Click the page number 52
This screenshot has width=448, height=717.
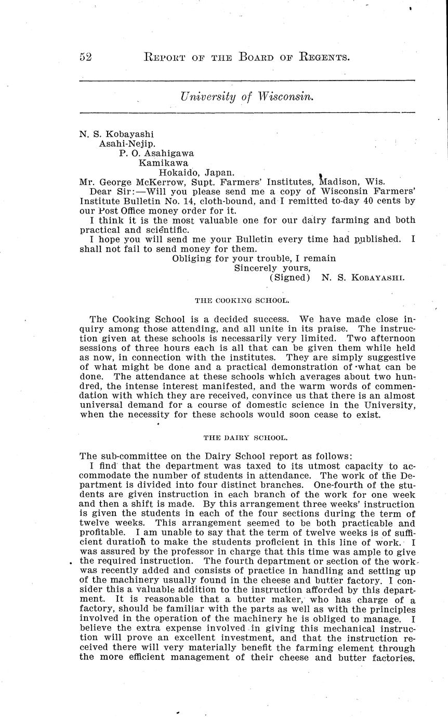86,57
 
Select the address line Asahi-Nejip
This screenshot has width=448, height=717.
127,144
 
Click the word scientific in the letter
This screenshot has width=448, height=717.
165,230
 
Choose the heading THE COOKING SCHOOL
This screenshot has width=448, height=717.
242,300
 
